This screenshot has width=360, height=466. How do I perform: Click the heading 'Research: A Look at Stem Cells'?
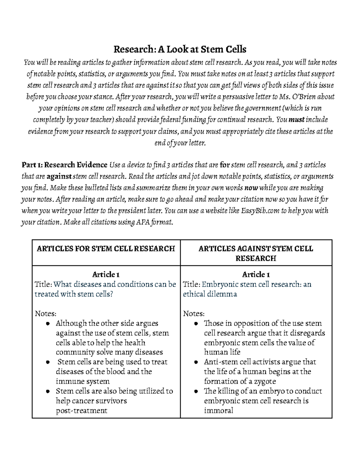tap(180, 49)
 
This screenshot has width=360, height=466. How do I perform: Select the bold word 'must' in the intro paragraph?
tap(296, 120)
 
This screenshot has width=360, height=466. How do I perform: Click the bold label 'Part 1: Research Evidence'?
tap(64, 165)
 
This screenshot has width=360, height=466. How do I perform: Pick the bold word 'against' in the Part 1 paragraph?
tap(59, 176)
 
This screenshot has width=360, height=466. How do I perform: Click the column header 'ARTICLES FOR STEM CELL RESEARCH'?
tap(106, 248)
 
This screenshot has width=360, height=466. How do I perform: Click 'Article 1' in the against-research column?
tap(256, 274)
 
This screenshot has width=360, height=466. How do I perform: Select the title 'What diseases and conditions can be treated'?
tap(105, 289)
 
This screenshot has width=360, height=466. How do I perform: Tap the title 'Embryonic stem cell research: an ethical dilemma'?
tap(247, 289)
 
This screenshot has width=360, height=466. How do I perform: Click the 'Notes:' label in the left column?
tap(46, 314)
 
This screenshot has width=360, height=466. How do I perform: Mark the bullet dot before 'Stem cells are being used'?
tap(48, 362)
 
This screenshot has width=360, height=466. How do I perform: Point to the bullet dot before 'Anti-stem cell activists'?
tap(196, 362)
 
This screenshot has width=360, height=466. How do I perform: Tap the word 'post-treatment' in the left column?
tap(81, 410)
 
